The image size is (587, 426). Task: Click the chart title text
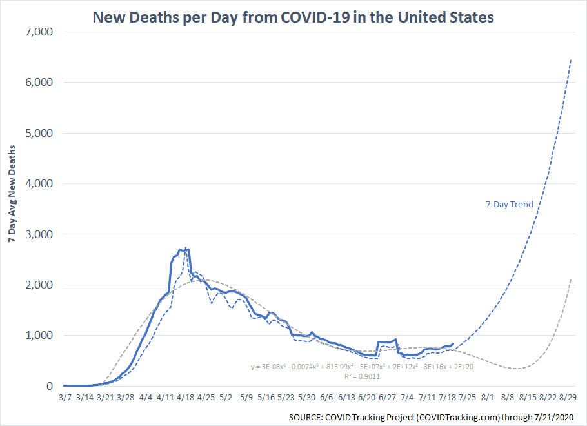tap(293, 17)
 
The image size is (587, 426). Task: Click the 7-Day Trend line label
tap(509, 205)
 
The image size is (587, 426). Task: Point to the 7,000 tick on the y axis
tap(40, 32)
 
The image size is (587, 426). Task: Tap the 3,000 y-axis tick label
tap(40, 234)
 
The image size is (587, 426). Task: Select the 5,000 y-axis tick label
tap(40, 133)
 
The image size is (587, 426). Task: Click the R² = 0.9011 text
tap(361, 375)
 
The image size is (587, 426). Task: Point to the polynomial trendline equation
tap(361, 367)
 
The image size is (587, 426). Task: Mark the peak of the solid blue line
tap(186, 249)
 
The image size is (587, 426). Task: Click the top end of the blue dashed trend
tap(570, 60)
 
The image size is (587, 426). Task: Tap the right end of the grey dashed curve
tap(570, 279)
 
